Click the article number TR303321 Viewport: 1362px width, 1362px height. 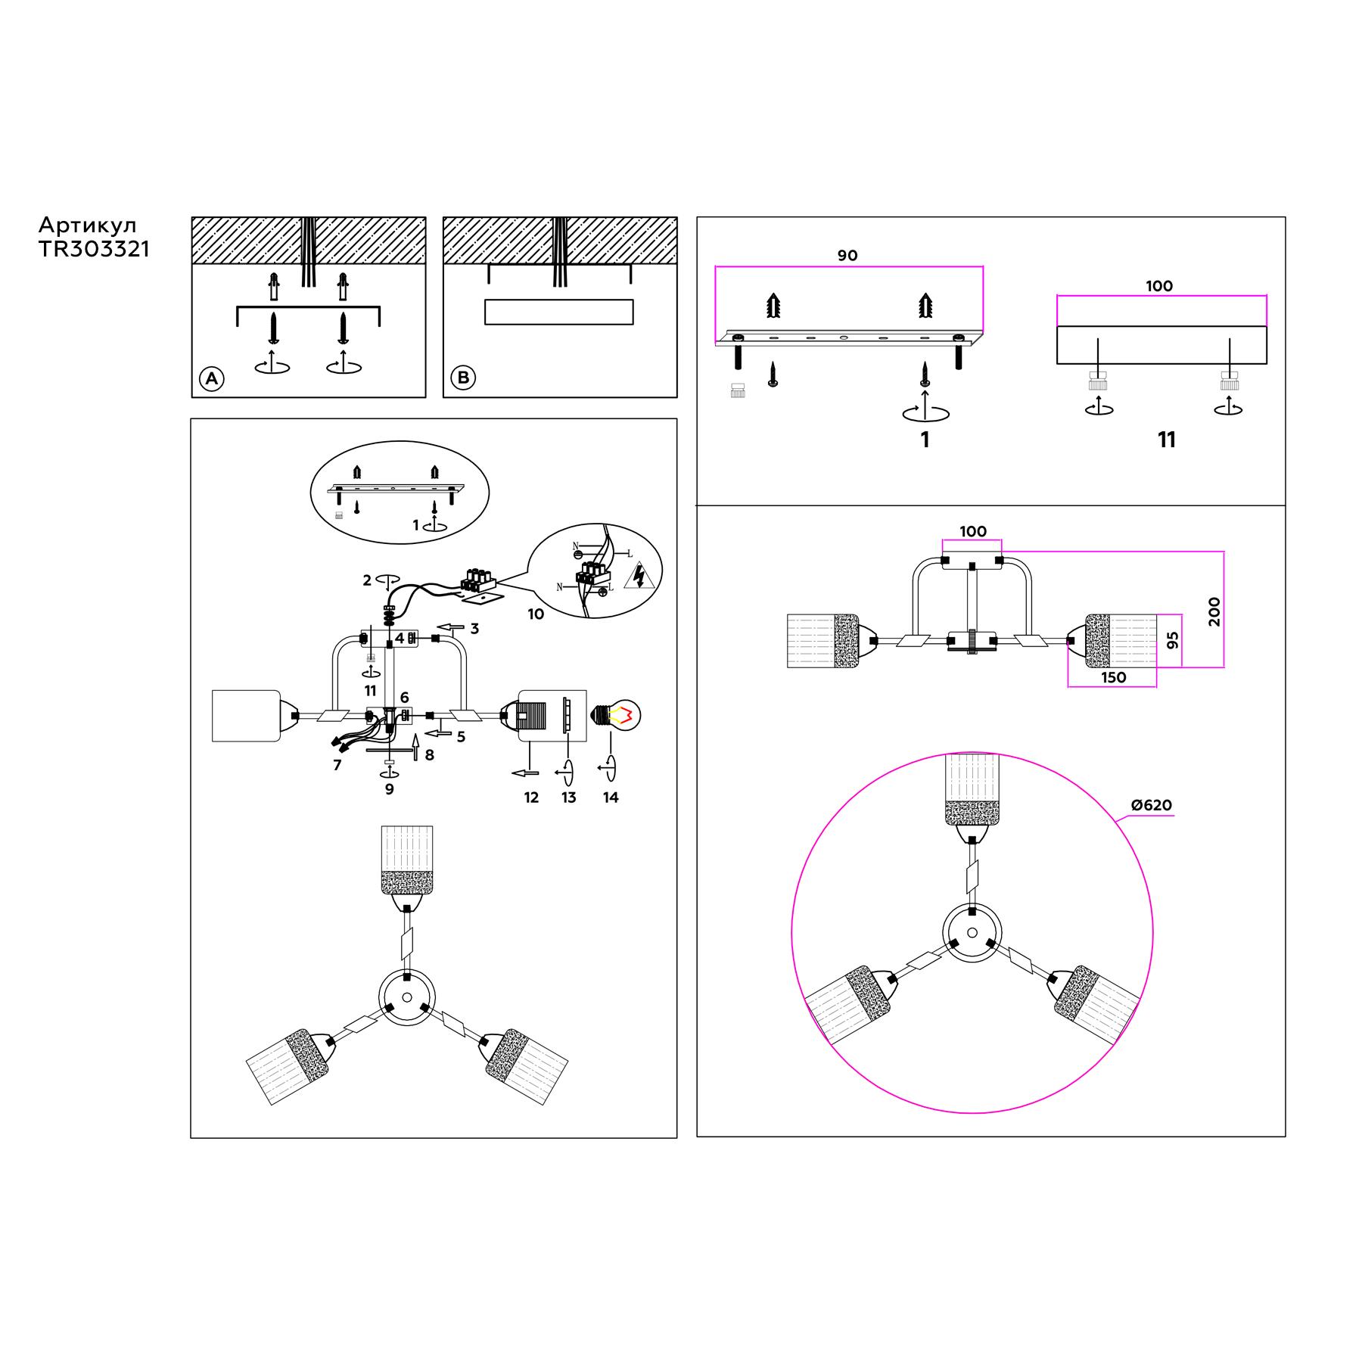point(94,250)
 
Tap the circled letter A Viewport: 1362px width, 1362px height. point(212,378)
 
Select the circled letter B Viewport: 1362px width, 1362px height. point(464,378)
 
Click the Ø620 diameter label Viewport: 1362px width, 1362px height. point(1152,806)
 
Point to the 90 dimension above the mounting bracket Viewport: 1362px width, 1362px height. point(847,256)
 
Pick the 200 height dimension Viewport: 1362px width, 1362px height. point(1214,611)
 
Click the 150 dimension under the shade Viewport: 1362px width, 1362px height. point(1114,677)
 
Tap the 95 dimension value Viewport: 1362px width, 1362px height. point(1173,640)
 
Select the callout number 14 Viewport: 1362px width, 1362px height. point(611,797)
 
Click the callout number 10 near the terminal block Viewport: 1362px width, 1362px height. point(536,614)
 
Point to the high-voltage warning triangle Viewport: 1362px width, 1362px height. point(639,576)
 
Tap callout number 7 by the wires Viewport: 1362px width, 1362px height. point(337,765)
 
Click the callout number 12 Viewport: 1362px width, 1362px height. point(531,797)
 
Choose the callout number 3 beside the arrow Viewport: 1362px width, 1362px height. point(474,629)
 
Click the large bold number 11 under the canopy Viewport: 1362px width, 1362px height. point(1166,440)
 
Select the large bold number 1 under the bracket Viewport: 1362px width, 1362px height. point(925,440)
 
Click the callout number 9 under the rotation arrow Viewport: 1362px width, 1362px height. point(389,789)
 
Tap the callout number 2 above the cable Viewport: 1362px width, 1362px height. point(367,580)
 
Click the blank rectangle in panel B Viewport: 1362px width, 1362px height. point(558,312)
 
